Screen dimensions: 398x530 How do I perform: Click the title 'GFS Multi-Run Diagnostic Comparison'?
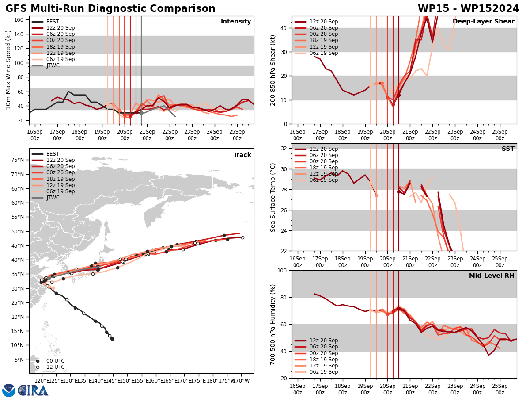tap(110, 9)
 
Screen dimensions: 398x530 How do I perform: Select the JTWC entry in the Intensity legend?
tap(53, 65)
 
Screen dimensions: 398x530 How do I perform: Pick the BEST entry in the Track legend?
tap(53, 154)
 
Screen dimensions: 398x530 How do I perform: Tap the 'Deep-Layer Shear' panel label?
tap(483, 22)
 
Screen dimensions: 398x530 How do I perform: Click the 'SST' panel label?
tap(508, 149)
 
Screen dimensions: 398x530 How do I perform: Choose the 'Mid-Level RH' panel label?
tap(492, 276)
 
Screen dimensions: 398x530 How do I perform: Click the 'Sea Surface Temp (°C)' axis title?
tap(273, 197)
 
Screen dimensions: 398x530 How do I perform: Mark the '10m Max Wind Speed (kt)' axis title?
tap(8, 70)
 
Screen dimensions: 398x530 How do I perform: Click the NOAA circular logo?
tap(8, 390)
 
